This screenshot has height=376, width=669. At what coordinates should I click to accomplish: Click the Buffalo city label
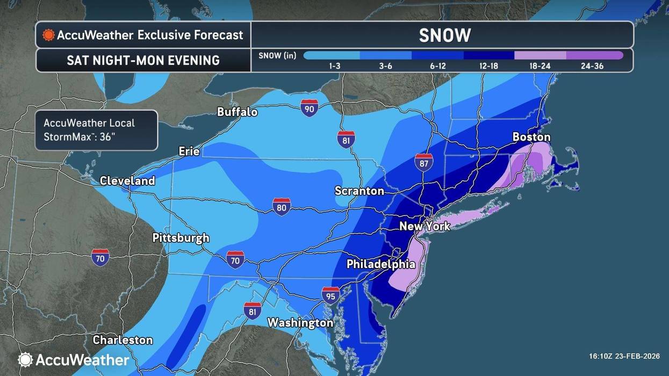point(237,112)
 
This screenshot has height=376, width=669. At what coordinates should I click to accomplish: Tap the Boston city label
point(531,137)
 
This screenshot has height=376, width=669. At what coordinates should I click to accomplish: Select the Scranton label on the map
point(359,191)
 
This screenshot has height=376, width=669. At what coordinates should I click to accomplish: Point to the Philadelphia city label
point(380,264)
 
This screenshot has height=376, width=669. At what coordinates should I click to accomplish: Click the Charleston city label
point(123,340)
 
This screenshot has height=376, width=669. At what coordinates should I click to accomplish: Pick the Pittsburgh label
point(181,237)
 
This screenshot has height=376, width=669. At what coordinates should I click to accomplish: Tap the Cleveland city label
point(127,180)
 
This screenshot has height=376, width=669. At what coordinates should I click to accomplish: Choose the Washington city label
point(300,322)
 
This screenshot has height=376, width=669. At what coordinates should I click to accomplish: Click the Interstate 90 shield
point(309,107)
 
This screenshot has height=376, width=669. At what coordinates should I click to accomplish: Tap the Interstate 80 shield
point(282,206)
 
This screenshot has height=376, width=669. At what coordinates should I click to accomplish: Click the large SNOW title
point(444,35)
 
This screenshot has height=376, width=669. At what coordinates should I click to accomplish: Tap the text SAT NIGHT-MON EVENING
point(143,60)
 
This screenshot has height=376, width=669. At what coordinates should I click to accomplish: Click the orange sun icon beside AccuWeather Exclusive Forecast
point(49,35)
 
